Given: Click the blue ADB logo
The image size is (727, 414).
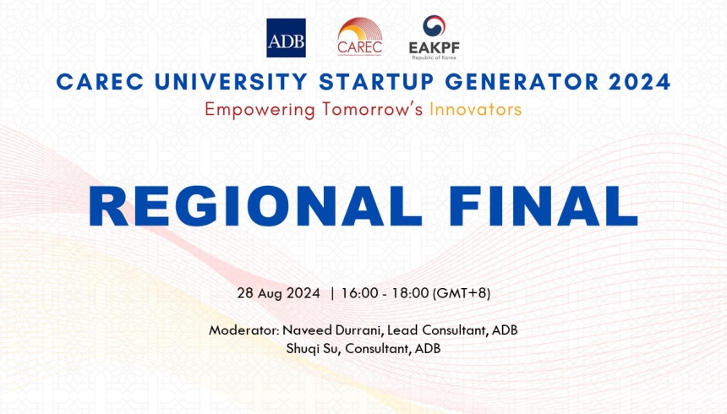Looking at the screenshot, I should (x=286, y=38).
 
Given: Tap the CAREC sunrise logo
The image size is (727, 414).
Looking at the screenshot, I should (x=359, y=37).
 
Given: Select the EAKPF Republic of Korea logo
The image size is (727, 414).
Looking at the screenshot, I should (x=434, y=38).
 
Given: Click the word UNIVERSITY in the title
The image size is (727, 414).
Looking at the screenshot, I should (x=212, y=82).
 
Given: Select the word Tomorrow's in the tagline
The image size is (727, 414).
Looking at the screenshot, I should (x=373, y=110).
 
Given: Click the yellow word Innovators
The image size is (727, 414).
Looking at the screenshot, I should (x=475, y=110).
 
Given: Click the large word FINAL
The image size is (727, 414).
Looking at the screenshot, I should (x=555, y=205).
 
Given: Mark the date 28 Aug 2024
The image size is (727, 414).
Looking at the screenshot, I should (x=278, y=294).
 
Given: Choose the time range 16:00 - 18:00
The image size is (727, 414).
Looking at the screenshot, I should (x=386, y=294).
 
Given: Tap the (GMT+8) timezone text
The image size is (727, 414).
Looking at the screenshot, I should (x=462, y=294).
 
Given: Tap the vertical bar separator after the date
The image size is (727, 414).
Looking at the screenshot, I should (x=332, y=294).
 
